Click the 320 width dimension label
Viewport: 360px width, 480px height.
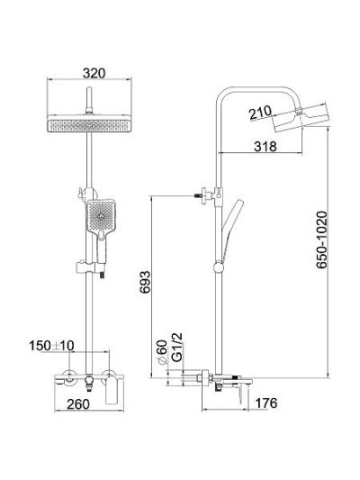[x=94, y=74]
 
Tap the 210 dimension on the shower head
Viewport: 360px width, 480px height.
[x=260, y=113]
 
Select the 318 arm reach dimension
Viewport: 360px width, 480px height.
[x=265, y=146]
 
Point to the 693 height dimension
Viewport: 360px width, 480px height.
[x=145, y=282]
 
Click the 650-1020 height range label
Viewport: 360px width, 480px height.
[x=322, y=240]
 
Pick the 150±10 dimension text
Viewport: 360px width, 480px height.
[x=51, y=346]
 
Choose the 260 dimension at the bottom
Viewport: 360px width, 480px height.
[x=78, y=404]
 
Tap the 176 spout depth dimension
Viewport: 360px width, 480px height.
[x=266, y=403]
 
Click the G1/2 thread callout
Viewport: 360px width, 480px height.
[x=177, y=347]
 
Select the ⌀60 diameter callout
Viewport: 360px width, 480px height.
[x=163, y=352]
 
